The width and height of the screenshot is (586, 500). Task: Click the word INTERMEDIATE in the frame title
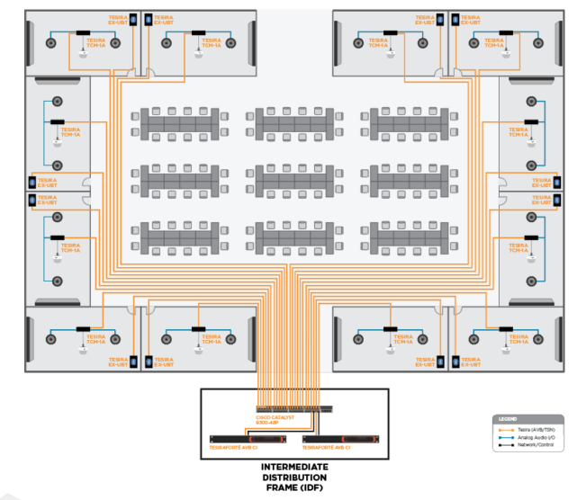[293, 468]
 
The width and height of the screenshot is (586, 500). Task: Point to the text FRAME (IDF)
[293, 487]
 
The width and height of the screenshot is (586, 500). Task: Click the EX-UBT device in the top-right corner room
[453, 19]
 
